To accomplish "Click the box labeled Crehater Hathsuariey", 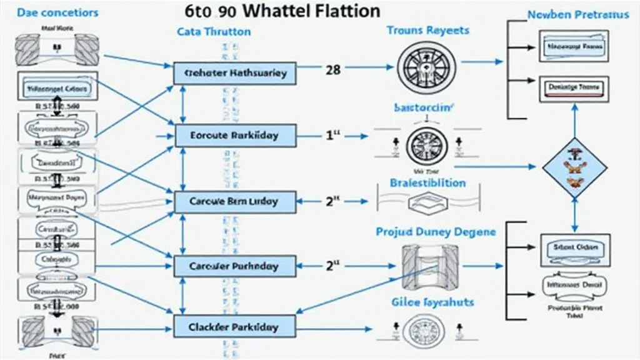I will click(x=234, y=73).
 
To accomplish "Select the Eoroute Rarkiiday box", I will click(x=234, y=135).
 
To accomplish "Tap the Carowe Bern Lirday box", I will click(x=234, y=202).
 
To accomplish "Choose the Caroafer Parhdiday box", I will click(x=234, y=266).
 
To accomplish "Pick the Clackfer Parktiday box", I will click(x=234, y=327).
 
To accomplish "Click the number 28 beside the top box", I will click(x=333, y=69).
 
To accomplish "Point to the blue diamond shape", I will click(x=573, y=167).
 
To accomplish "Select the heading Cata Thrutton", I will click(x=214, y=31).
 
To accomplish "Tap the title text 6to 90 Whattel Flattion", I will click(x=282, y=11).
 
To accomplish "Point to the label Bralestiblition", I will click(x=427, y=183).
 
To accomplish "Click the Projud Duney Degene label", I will click(x=436, y=232).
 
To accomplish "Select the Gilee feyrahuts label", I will click(x=433, y=302).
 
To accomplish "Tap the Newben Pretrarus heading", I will click(x=578, y=14).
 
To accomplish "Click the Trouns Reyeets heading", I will click(x=428, y=31).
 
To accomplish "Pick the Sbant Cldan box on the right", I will click(x=575, y=247).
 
